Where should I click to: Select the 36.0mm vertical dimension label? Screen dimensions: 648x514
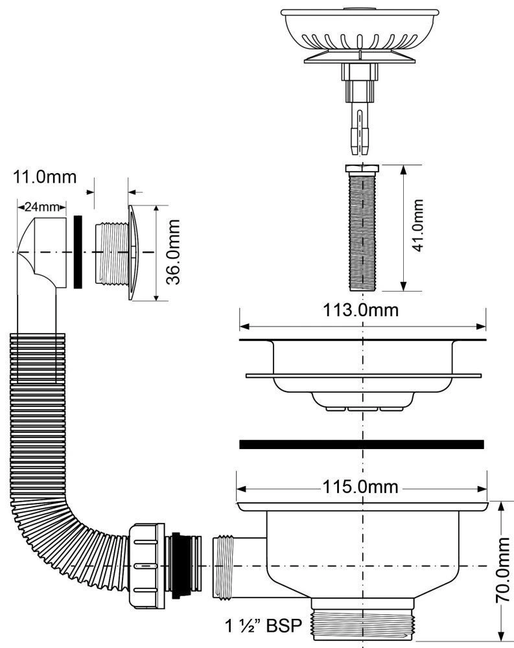click(x=172, y=253)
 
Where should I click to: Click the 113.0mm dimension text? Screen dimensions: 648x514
click(x=362, y=310)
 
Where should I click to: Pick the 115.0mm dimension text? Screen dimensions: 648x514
click(x=362, y=487)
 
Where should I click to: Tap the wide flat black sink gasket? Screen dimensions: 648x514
click(x=362, y=444)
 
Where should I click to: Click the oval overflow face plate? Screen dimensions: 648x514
click(x=132, y=253)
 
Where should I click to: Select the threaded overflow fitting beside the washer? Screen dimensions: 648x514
click(x=111, y=253)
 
